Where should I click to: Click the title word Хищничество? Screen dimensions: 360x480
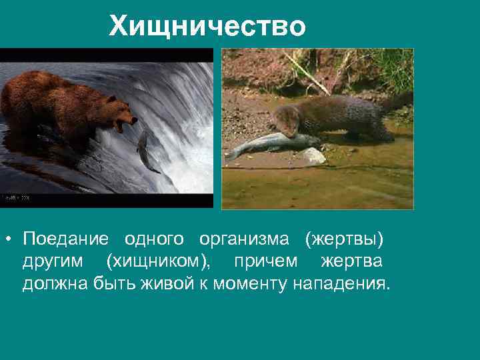pyautogui.click(x=207, y=27)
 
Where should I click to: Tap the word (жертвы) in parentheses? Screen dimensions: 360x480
pyautogui.click(x=344, y=238)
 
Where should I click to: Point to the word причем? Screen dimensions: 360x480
pyautogui.click(x=265, y=261)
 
